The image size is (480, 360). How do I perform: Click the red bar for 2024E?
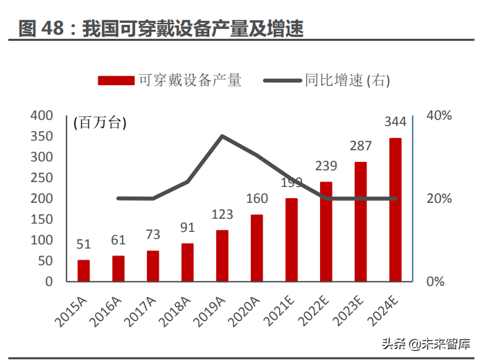pyautogui.click(x=395, y=210)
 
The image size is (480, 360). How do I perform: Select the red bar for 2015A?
pyautogui.click(x=83, y=271)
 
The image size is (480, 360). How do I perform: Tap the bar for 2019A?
pyautogui.click(x=222, y=255)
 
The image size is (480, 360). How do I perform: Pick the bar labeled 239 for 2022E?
pyautogui.click(x=326, y=231)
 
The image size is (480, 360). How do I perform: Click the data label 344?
pyautogui.click(x=395, y=123)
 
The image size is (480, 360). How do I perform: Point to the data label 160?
pyautogui.click(x=257, y=199)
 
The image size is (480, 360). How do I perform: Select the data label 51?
pyautogui.click(x=83, y=244)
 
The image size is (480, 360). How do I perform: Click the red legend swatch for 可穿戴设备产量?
pyautogui.click(x=116, y=80)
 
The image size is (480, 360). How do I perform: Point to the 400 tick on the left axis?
pyautogui.click(x=42, y=116)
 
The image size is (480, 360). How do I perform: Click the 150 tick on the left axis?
pyautogui.click(x=42, y=219)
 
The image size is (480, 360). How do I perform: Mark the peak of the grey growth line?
pyautogui.click(x=222, y=136)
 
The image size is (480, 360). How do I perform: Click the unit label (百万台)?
pyautogui.click(x=100, y=123)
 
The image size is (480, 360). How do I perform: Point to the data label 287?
pyautogui.click(x=361, y=146)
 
